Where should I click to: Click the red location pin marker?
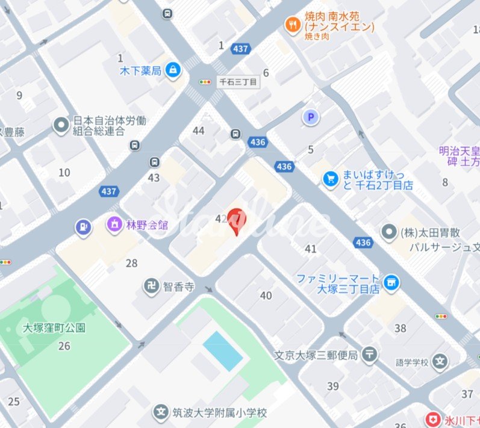click(237, 219)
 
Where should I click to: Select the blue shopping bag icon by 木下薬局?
click(173, 70)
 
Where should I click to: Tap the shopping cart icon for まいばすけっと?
click(330, 179)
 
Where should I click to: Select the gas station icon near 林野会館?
click(82, 228)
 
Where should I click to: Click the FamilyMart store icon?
click(392, 282)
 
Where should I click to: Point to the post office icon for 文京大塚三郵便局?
click(370, 355)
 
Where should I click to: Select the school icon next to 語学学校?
click(441, 362)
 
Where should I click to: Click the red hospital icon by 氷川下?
click(432, 418)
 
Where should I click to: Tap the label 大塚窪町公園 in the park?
click(54, 328)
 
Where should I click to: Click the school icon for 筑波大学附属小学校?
click(161, 413)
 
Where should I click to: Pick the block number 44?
click(198, 131)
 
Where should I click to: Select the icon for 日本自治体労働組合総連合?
click(61, 125)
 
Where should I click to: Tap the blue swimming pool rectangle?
click(223, 351)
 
